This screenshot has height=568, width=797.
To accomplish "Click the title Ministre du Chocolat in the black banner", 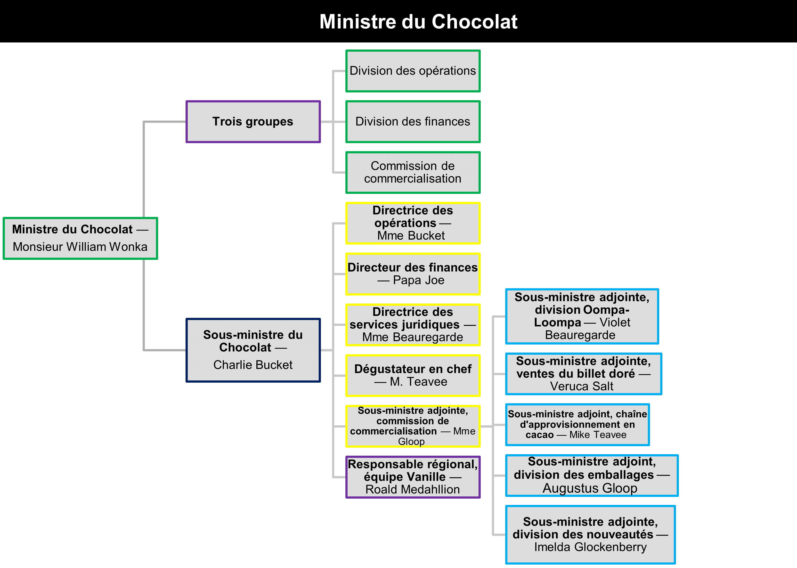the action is [418, 22].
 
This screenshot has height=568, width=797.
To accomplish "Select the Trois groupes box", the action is [253, 122].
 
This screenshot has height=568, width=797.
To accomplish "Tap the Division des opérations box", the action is [413, 71].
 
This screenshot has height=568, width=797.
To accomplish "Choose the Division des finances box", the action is [413, 122].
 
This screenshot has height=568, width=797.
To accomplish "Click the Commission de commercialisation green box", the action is [413, 173].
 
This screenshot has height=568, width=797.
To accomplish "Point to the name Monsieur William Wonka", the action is [80, 247].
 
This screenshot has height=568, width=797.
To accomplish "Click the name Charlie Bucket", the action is [253, 365].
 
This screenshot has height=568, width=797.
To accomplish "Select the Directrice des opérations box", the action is [413, 223].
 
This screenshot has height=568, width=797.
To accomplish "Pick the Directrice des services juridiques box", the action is [413, 325].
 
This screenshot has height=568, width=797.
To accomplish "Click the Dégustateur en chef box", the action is [413, 375].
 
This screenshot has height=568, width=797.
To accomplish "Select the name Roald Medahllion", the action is [413, 489].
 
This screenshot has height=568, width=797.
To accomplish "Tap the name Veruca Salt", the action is [582, 386].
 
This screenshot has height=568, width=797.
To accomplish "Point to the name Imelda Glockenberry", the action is [590, 547].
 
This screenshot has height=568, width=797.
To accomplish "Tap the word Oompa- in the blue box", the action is [606, 310].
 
